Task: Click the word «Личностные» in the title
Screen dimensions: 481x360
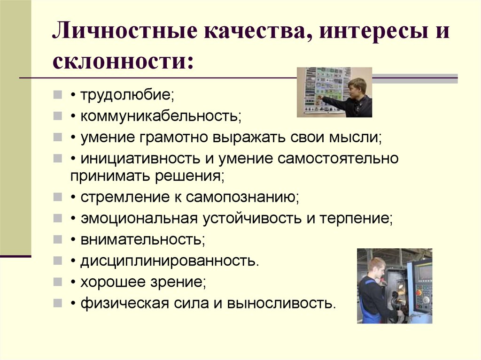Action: [124, 31]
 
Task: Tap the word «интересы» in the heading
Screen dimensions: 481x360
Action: [373, 31]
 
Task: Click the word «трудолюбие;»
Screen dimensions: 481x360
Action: [127, 95]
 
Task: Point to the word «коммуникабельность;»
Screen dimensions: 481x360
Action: [161, 116]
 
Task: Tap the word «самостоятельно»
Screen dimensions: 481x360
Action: [338, 159]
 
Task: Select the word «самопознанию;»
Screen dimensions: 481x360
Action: [242, 197]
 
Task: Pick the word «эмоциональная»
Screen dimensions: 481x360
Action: [139, 219]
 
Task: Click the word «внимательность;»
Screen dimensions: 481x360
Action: [143, 239]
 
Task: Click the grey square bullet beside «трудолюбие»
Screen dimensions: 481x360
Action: [57, 94]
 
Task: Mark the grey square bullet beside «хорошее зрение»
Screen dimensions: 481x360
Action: [57, 282]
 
